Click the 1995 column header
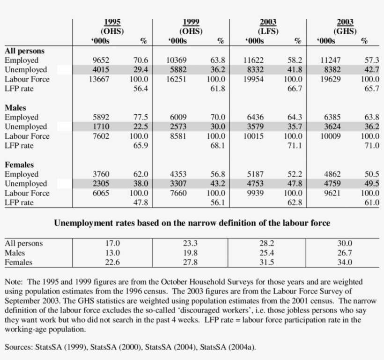[112, 22]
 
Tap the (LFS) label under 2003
[267, 31]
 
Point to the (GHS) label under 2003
[345, 31]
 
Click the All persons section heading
[24, 51]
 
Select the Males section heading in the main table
[15, 108]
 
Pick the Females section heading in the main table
[19, 165]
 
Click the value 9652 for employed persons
[101, 60]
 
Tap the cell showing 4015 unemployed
[101, 70]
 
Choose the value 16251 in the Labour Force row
[177, 79]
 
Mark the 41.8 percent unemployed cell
[295, 70]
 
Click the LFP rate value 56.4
[140, 89]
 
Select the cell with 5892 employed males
[101, 118]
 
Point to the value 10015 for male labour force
[253, 136]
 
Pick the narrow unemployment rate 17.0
[113, 243]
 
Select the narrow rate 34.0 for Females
[345, 262]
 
